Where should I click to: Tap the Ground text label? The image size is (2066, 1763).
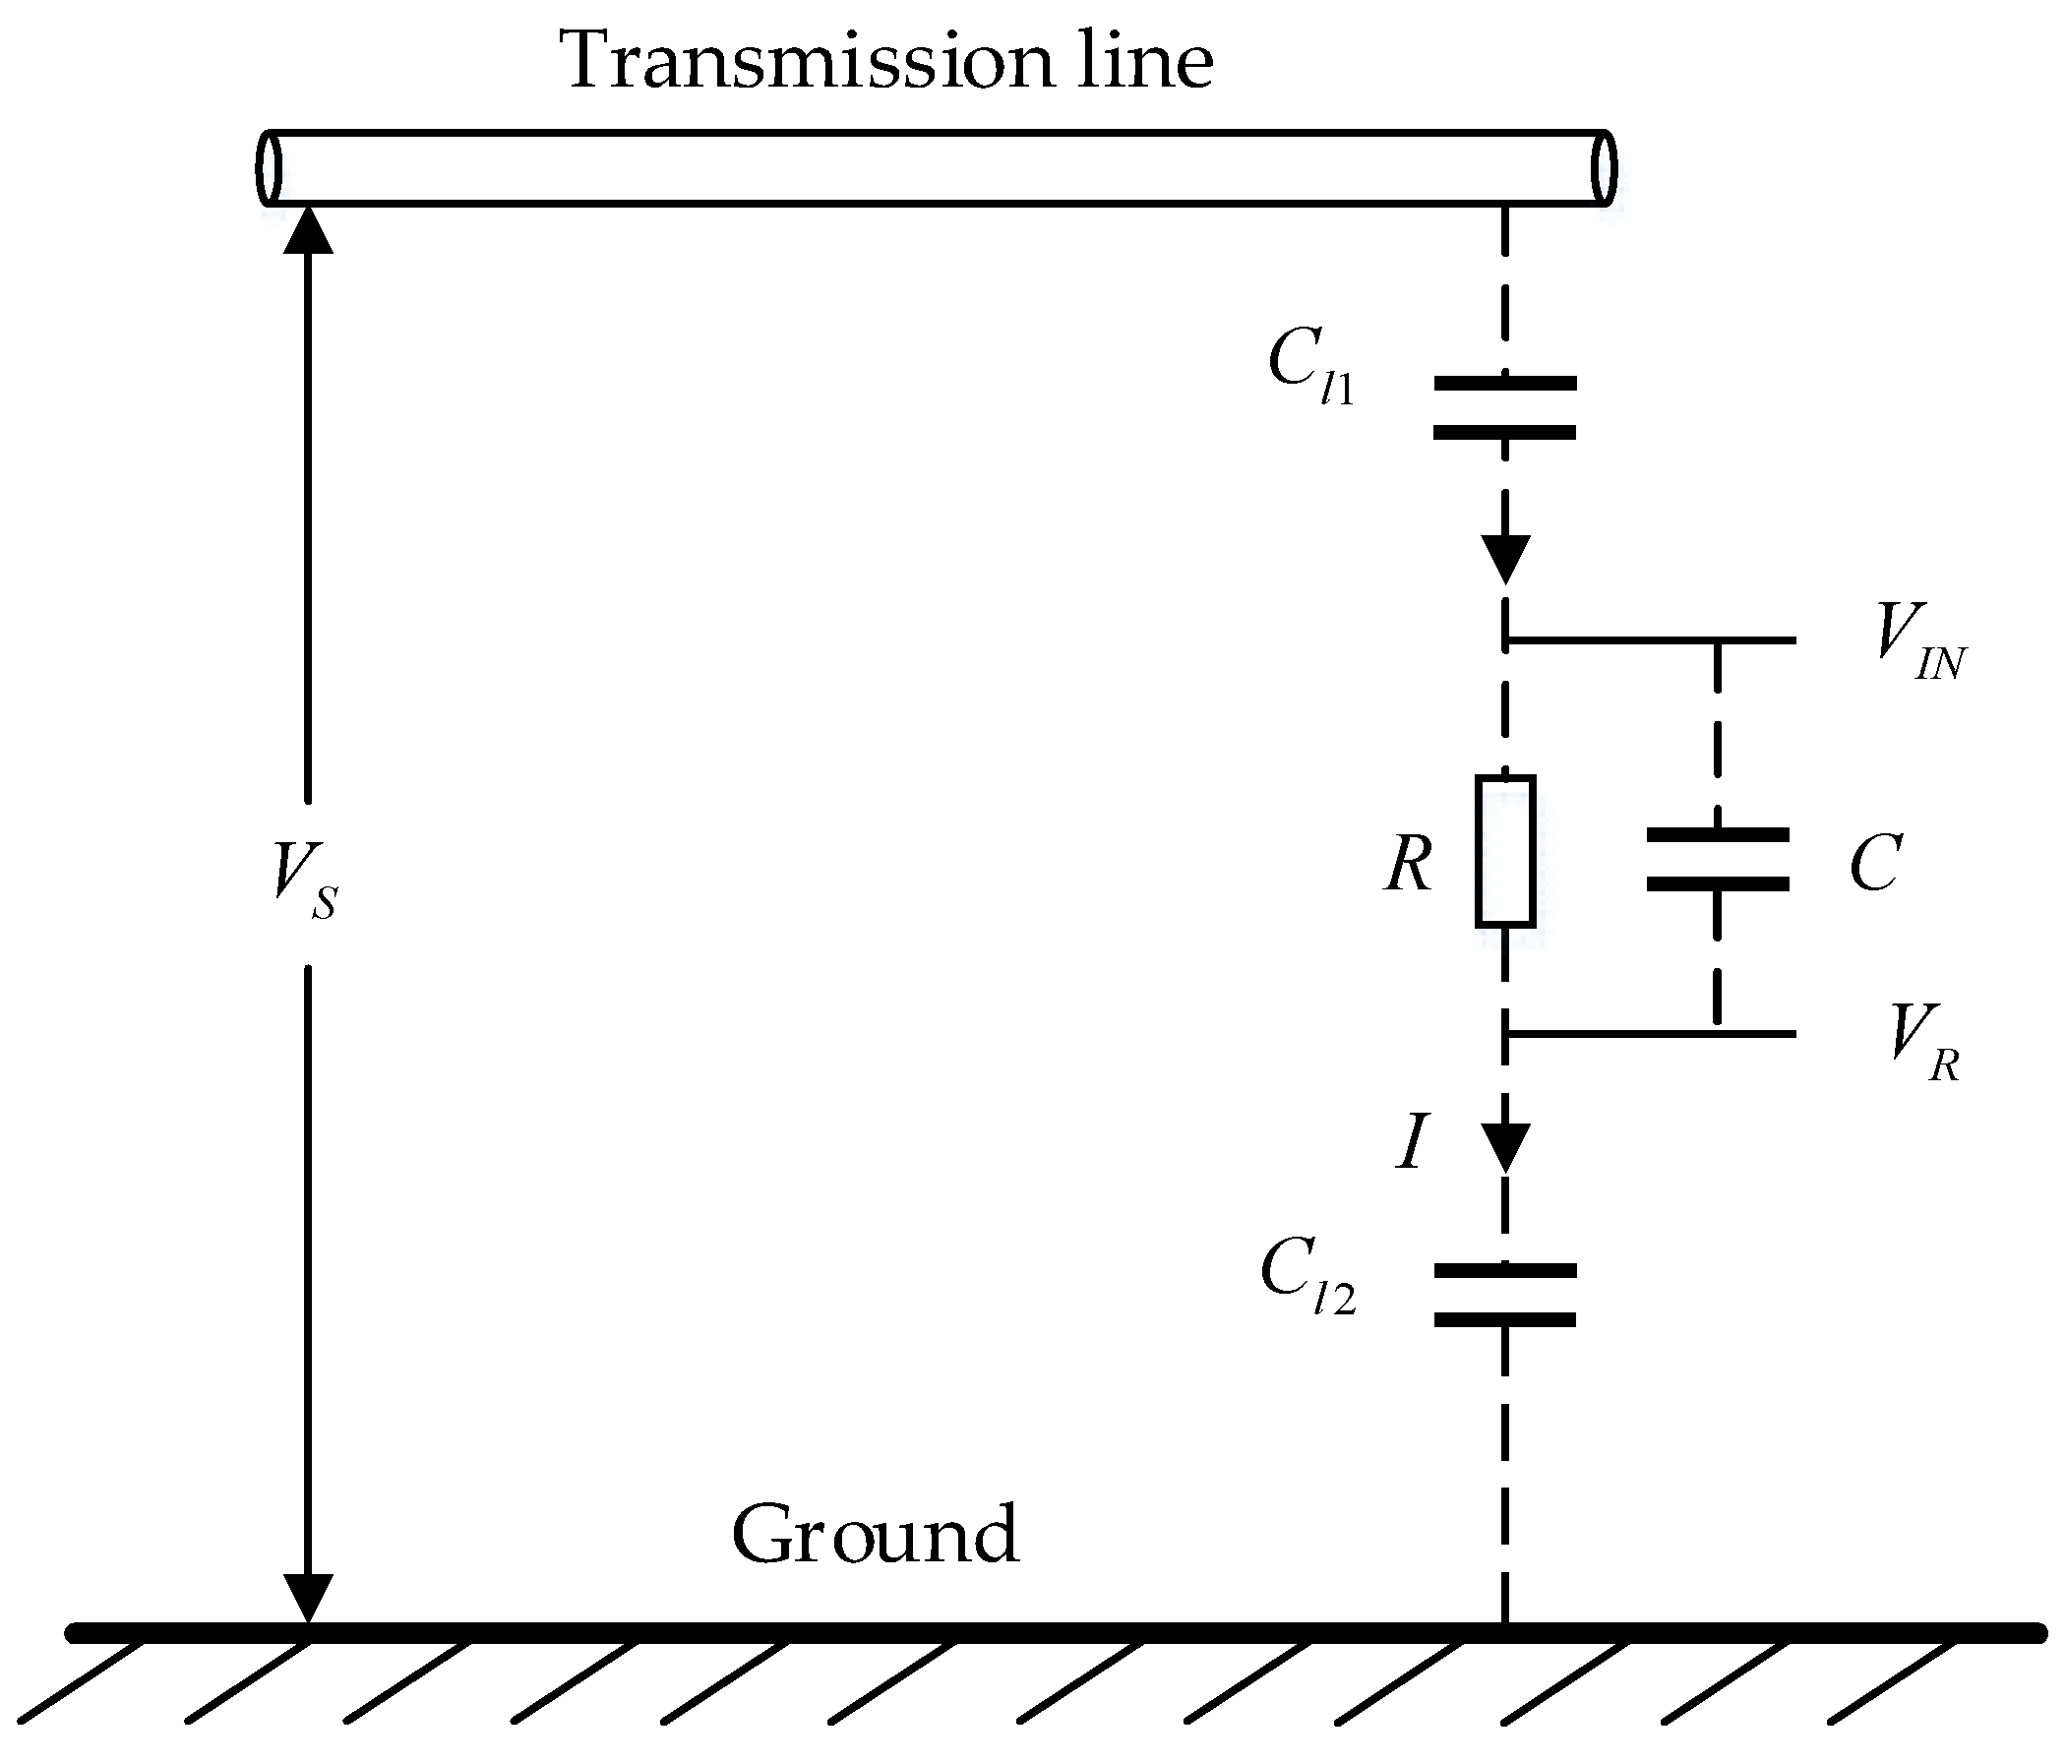(x=875, y=1535)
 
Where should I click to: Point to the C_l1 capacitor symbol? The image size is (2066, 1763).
(x=1504, y=408)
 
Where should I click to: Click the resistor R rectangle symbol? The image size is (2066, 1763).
(x=1504, y=851)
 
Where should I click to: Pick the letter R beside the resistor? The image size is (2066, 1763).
(x=1408, y=864)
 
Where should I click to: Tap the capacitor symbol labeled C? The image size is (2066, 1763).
(x=1717, y=859)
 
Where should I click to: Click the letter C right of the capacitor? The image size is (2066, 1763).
(x=1874, y=864)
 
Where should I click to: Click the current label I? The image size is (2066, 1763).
(x=1410, y=1143)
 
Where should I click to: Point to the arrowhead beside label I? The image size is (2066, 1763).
(x=1504, y=1147)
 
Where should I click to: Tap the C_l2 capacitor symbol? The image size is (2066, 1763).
(x=1504, y=1296)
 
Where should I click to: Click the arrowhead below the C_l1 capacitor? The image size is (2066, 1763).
(x=1504, y=559)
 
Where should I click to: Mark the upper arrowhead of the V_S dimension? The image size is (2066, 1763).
(x=307, y=231)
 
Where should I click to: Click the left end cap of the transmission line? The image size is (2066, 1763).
(x=269, y=167)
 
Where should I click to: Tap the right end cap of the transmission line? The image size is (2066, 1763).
(x=1604, y=167)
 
